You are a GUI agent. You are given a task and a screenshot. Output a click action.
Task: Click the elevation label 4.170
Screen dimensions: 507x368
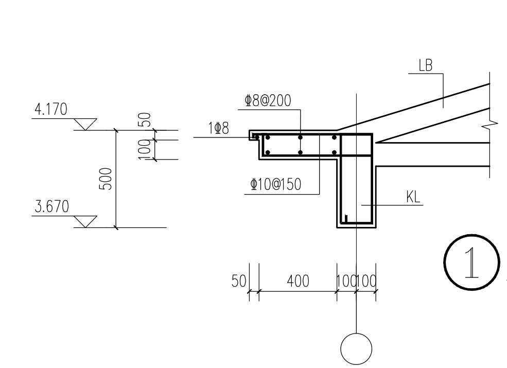pyautogui.click(x=51, y=109)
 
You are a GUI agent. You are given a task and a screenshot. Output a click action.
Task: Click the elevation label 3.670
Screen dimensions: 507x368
pyautogui.click(x=52, y=206)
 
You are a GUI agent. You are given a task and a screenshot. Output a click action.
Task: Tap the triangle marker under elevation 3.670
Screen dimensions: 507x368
pyautogui.click(x=85, y=222)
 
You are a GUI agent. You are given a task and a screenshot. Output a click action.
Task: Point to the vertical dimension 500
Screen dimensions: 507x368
pyautogui.click(x=106, y=179)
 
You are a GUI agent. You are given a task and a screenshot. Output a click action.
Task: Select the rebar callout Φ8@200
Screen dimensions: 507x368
pyautogui.click(x=268, y=100)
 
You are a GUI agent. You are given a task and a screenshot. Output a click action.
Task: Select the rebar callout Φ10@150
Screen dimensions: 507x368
pyautogui.click(x=276, y=185)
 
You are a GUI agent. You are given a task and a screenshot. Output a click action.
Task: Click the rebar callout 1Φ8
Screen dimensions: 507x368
pyautogui.click(x=219, y=128)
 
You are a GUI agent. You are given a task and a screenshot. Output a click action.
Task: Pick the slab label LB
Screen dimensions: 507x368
pyautogui.click(x=426, y=65)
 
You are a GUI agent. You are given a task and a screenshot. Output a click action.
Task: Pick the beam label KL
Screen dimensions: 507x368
pyautogui.click(x=413, y=197)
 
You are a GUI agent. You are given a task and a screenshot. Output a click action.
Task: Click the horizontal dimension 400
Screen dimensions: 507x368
pyautogui.click(x=298, y=281)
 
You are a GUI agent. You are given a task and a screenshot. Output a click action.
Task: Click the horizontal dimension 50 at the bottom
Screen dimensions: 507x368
pyautogui.click(x=239, y=281)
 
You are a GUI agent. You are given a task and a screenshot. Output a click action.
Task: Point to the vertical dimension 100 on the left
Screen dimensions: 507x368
pyautogui.click(x=145, y=150)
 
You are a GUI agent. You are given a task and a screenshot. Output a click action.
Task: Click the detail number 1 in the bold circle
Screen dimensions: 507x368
pyautogui.click(x=472, y=262)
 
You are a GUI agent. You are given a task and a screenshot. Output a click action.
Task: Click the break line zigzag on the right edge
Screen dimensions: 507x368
pyautogui.click(x=491, y=125)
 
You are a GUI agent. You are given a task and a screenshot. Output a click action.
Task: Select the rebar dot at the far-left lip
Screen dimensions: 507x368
pyautogui.click(x=257, y=137)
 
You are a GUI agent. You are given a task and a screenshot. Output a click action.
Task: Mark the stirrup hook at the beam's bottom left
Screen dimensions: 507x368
pyautogui.click(x=346, y=219)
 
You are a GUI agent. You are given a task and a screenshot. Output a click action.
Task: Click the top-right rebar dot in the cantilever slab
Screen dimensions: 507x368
pyautogui.click(x=335, y=137)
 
